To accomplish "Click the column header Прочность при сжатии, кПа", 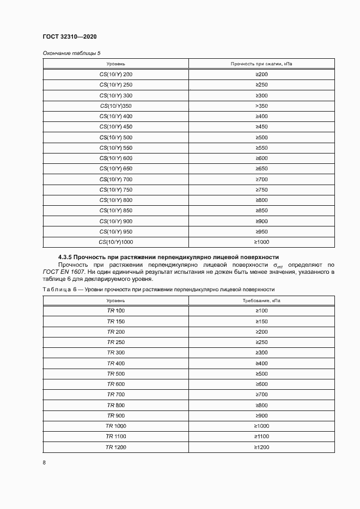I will (x=261, y=64).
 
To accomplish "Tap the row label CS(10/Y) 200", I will (x=115, y=74).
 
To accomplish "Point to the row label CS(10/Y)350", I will (x=115, y=106).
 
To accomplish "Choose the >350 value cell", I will (x=261, y=106).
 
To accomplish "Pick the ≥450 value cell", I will (x=261, y=127).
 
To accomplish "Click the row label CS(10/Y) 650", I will (x=115, y=169).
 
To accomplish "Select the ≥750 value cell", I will (x=261, y=190).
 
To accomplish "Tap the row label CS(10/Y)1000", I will (x=115, y=242).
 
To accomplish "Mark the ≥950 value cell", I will (x=261, y=232).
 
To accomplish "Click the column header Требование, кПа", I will (x=261, y=300).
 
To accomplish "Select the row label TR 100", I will (x=115, y=311).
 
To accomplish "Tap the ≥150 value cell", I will (x=261, y=321).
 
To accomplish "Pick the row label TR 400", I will (x=115, y=363).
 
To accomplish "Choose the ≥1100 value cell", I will (x=261, y=437).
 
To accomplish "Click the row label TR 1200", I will (x=115, y=447).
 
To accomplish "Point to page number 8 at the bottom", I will (x=44, y=463).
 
